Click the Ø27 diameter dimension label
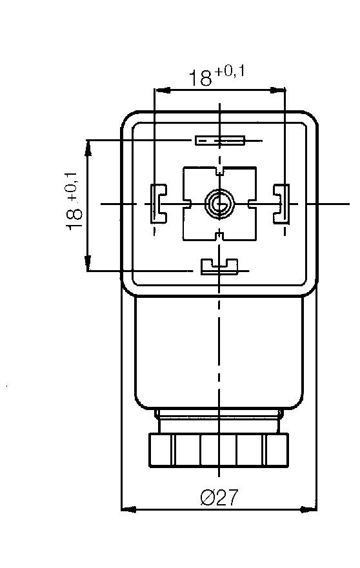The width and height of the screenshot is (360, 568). coord(219,497)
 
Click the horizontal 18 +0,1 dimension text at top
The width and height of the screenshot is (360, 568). coord(216,76)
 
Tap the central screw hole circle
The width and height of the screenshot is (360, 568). coord(217,204)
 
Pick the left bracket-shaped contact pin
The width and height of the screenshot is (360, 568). coord(157,204)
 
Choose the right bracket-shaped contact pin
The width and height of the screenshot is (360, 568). coord(281,204)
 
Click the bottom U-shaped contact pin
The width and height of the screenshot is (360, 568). coord(219,266)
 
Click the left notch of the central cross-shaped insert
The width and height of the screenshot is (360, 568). coord(187,204)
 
